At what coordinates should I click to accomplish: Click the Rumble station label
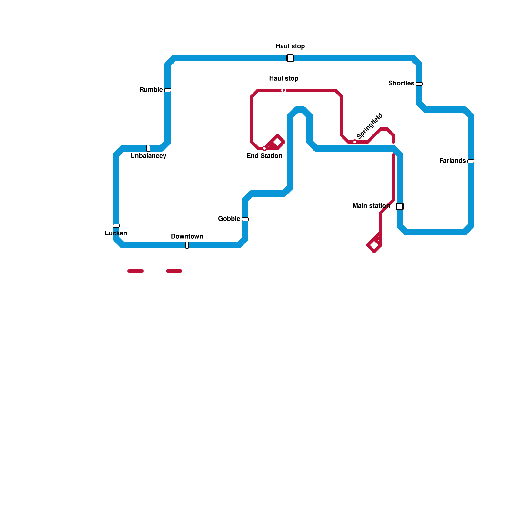point(151,90)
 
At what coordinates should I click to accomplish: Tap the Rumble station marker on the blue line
point(168,90)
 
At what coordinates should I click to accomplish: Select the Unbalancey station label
point(148,156)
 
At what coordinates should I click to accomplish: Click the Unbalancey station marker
point(148,148)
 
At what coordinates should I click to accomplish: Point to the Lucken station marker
point(116,226)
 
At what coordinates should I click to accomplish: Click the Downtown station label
point(187,236)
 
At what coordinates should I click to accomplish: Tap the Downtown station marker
point(187,245)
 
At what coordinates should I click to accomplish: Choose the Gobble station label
point(229,219)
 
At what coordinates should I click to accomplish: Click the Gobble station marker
point(245,219)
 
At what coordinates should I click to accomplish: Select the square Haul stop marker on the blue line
point(290,58)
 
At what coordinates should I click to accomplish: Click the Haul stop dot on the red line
point(284,90)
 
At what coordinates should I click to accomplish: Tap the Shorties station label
point(401,83)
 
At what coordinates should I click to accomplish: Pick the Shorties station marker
point(419,84)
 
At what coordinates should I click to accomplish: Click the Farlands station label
point(452,161)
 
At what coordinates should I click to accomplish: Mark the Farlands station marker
point(471,161)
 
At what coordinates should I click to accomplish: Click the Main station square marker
point(400,206)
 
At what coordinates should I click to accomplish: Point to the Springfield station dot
point(355,142)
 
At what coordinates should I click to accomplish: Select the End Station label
point(264,156)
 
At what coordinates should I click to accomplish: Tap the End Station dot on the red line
point(264,148)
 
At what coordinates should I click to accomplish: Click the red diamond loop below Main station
point(374,245)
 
